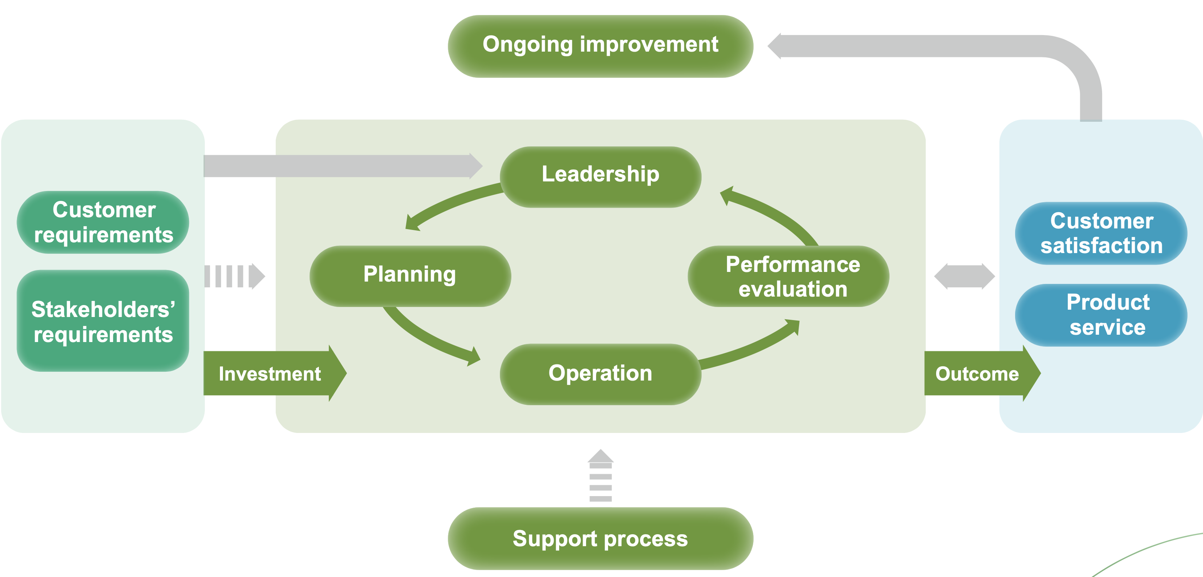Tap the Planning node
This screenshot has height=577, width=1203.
[x=410, y=276]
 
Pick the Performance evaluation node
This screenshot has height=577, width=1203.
[x=788, y=276]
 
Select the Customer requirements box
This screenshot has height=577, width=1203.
[x=103, y=222]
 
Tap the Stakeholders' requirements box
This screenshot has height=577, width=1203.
[x=103, y=320]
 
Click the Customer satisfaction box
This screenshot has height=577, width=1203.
[x=1101, y=233]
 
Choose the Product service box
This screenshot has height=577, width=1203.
[x=1101, y=315]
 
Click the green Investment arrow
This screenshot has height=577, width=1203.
[x=275, y=373]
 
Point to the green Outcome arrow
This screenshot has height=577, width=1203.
[x=982, y=373]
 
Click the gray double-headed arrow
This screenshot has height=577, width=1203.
[x=964, y=276]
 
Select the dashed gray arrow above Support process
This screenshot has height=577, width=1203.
[x=601, y=476]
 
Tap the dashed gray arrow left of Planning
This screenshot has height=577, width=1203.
[x=235, y=276]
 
